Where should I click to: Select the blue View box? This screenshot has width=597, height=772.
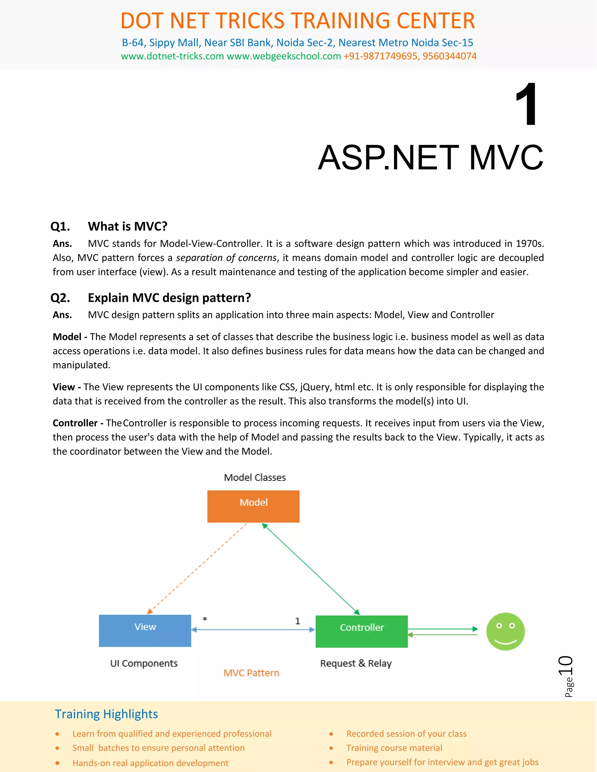pos(145,631)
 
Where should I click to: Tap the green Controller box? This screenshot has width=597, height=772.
pos(361,631)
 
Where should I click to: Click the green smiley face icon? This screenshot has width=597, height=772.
pos(505,631)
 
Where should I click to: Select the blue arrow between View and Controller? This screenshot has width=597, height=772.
pos(253,630)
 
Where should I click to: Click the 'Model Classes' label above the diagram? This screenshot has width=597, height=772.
pos(255,477)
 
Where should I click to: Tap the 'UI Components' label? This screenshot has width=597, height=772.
pos(144,663)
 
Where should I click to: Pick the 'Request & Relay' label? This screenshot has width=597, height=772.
pos(356,663)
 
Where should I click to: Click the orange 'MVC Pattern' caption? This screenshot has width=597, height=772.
pos(251,673)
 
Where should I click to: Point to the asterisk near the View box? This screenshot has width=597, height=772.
pos(205,619)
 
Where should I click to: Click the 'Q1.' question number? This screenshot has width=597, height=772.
pos(60,226)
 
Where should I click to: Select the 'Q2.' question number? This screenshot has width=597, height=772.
pos(60,298)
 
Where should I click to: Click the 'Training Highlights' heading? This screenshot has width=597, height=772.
pos(106,714)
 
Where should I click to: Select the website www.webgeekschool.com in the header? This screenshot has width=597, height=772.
pos(284,56)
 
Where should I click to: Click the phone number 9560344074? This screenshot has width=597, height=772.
pos(449,56)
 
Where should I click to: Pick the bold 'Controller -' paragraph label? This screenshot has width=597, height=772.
pos(78,423)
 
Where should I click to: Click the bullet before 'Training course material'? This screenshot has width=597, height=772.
pos(331,748)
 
